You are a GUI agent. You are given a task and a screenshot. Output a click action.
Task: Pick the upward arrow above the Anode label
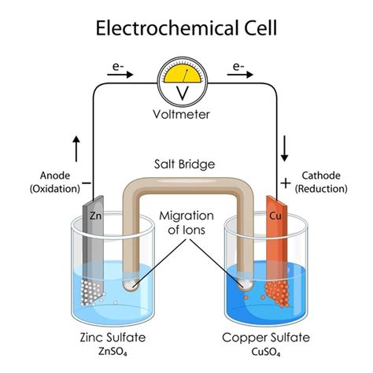76,146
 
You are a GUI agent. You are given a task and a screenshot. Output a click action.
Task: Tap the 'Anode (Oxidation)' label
54,182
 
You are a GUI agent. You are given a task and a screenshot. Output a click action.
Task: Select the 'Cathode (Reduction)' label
321,182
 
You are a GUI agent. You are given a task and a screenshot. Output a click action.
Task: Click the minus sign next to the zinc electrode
86,183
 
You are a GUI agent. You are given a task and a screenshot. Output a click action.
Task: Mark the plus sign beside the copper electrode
284,183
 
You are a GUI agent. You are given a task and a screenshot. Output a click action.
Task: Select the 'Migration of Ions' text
186,223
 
